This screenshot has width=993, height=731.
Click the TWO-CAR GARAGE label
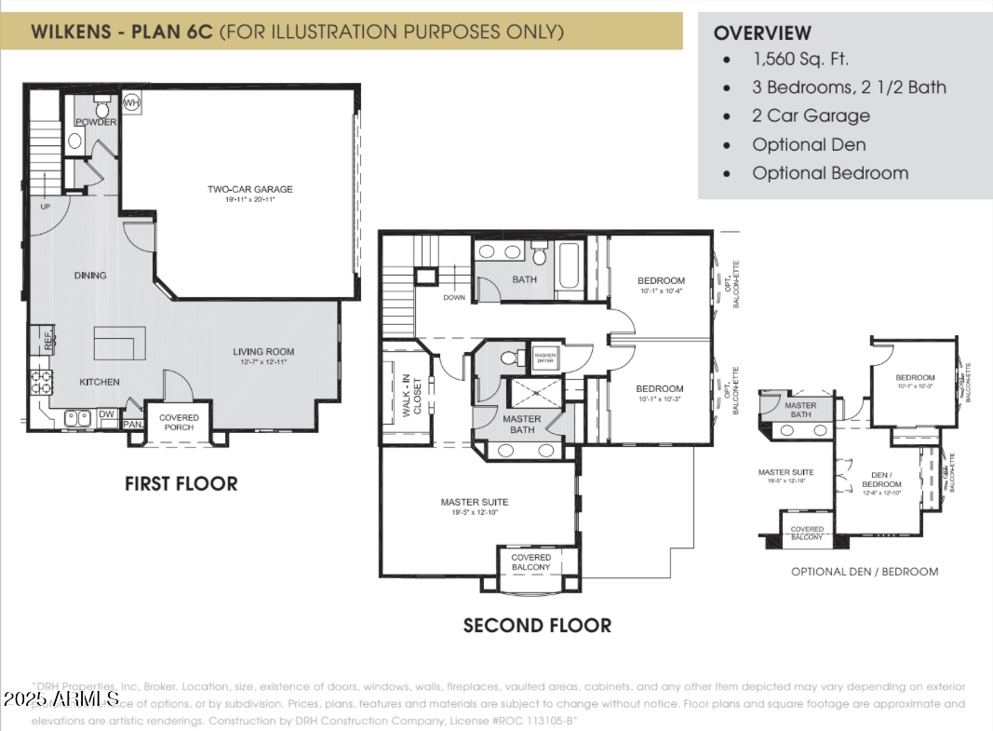pyautogui.click(x=249, y=189)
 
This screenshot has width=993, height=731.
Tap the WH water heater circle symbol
pyautogui.click(x=132, y=102)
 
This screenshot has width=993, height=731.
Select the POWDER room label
pyautogui.click(x=96, y=122)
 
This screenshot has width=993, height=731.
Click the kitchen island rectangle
pyautogui.click(x=119, y=344)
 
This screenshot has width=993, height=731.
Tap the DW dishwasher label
pyautogui.click(x=107, y=414)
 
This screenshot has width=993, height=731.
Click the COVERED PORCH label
pyautogui.click(x=179, y=423)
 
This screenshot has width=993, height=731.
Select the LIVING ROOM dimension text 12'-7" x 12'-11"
pyautogui.click(x=263, y=362)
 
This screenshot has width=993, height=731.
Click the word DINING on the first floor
pyautogui.click(x=90, y=275)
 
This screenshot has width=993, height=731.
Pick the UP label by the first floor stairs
pyautogui.click(x=45, y=206)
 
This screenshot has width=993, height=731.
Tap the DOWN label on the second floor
pyautogui.click(x=454, y=298)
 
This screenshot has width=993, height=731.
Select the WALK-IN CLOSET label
pyautogui.click(x=410, y=396)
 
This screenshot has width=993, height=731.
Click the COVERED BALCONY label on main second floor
pyautogui.click(x=530, y=562)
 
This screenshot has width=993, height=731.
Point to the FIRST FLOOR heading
pyautogui.click(x=181, y=483)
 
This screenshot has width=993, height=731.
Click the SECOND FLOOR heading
pyautogui.click(x=537, y=626)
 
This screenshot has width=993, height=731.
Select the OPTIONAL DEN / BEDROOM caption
pyautogui.click(x=865, y=571)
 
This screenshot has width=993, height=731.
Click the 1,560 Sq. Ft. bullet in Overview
pyautogui.click(x=800, y=59)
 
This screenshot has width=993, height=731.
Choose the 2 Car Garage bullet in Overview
pyautogui.click(x=811, y=115)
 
